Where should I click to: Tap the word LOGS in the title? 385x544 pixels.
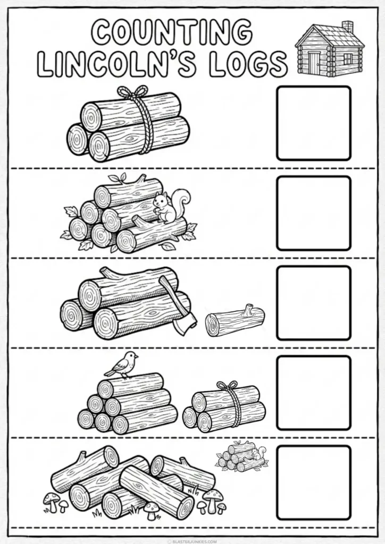[249, 64]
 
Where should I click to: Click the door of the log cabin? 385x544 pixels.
[314, 63]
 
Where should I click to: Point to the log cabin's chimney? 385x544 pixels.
[347, 28]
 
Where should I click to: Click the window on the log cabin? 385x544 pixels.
[347, 58]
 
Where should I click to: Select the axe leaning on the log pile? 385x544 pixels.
[177, 305]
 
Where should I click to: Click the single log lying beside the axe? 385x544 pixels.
[235, 320]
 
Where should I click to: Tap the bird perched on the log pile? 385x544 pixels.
[121, 364]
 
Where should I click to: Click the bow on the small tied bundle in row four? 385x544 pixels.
[227, 385]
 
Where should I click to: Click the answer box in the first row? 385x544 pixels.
[314, 123]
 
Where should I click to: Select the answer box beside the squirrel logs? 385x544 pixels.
[314, 213]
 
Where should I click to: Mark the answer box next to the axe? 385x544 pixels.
[314, 303]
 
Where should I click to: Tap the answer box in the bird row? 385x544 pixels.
[314, 393]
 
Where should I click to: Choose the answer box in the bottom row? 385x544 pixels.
[314, 482]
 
